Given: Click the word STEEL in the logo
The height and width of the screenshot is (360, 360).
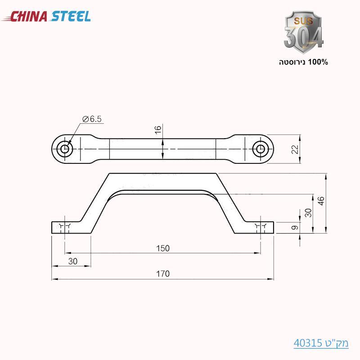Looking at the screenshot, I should click(71, 17).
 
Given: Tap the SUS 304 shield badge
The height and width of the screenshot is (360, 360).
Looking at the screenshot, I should click(303, 31).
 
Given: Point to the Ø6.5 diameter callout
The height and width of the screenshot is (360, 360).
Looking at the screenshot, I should click(92, 119).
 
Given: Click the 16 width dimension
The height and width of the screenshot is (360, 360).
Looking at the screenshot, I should click(157, 130).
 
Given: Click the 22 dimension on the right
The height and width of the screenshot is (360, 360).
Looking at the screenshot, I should click(295, 149).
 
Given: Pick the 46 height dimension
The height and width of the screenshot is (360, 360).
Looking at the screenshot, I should click(320, 201).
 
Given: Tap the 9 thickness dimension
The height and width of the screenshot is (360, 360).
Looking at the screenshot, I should click(295, 228).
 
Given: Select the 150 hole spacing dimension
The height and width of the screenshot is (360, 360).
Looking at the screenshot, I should click(163, 248).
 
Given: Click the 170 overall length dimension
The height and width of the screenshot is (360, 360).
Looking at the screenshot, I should click(163, 274).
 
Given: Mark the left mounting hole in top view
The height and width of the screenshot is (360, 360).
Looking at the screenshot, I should click(66, 148).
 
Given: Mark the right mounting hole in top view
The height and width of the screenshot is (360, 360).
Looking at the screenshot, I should click(260, 148).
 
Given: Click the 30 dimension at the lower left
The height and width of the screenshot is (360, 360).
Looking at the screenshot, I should click(72, 261).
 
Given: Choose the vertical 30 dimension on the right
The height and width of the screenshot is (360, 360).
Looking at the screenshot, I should click(308, 212).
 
